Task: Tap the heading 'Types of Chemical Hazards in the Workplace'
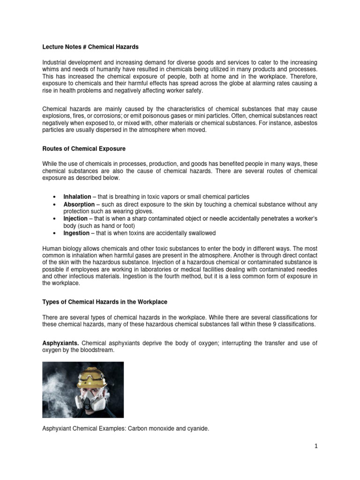click(105, 301)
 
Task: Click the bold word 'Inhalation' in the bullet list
click(77, 196)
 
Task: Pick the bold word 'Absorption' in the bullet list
click(78, 204)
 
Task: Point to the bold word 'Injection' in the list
click(75, 218)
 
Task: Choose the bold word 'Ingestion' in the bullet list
click(76, 233)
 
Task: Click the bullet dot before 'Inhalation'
click(55, 197)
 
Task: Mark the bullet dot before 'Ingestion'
click(55, 233)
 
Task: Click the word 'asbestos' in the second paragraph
click(306, 123)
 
